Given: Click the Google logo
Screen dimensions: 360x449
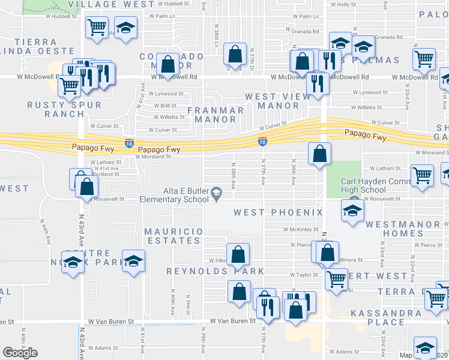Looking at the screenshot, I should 20,353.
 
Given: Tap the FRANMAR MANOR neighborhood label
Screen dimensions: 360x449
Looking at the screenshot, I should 216,115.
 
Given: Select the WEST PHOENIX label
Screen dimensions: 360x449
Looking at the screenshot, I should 278,212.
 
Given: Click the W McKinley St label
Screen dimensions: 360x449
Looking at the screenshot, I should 300,229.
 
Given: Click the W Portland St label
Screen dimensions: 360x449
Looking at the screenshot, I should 107,175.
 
